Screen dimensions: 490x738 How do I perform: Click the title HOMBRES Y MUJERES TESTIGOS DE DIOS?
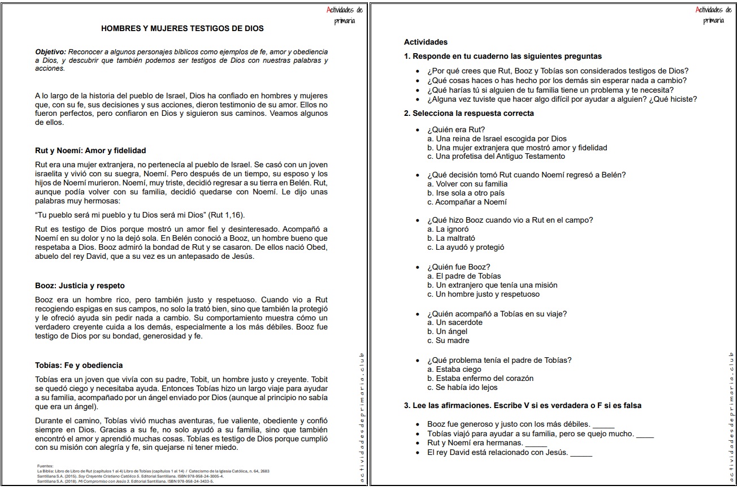pyautogui.click(x=182, y=28)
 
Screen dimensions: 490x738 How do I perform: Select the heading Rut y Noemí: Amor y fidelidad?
pyautogui.click(x=90, y=150)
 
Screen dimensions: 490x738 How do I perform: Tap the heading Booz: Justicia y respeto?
pyautogui.click(x=80, y=285)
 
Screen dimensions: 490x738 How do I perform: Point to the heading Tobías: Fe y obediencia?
pyautogui.click(x=79, y=365)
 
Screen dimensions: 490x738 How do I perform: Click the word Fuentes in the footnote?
pyautogui.click(x=45, y=466)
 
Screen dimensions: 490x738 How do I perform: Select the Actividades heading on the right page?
pyautogui.click(x=426, y=42)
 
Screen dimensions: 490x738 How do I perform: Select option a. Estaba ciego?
pyautogui.click(x=454, y=369)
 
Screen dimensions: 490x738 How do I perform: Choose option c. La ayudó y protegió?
pyautogui.click(x=466, y=247)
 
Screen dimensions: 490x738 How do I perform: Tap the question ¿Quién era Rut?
pyautogui.click(x=456, y=129)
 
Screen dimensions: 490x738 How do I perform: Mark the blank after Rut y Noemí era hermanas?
pyautogui.click(x=536, y=443)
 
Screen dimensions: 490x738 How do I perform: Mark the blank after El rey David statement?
pyautogui.click(x=581, y=453)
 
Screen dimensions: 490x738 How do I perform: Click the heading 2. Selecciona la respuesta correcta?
pyautogui.click(x=468, y=113)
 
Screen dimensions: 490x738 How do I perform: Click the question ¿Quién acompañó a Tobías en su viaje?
pyautogui.click(x=497, y=314)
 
